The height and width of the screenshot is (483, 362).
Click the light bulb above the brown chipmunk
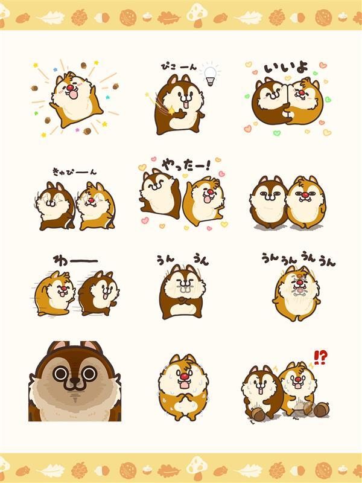click(x=209, y=74)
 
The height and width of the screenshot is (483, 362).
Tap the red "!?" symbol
click(x=320, y=357)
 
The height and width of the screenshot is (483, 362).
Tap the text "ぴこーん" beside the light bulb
click(x=179, y=66)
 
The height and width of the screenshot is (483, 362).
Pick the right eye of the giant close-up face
click(x=89, y=374)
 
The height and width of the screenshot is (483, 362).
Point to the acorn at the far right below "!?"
click(x=320, y=410)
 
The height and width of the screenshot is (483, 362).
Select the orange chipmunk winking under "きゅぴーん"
click(x=96, y=205)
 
